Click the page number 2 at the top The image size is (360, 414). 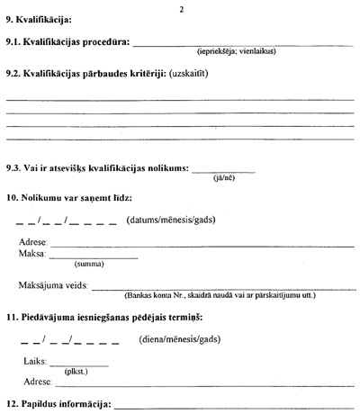coord(181,8)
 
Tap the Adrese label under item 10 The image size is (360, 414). coord(32,243)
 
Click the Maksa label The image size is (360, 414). coord(31,255)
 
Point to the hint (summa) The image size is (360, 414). coord(86,265)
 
